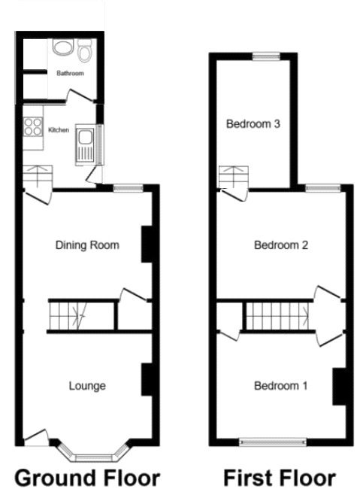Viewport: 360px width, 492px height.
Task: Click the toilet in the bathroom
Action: coord(84,50)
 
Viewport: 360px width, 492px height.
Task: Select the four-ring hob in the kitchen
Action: coord(33,127)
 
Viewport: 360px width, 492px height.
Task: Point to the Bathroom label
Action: coord(70,74)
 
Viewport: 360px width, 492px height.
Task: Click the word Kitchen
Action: coord(59,130)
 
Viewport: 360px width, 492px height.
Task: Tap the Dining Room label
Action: coord(88,244)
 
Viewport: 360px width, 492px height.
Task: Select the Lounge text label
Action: coord(87,386)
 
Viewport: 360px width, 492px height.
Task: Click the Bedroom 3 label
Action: coord(254,124)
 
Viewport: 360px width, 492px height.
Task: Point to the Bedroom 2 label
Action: coord(281,245)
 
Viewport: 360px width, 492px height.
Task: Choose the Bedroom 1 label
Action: coord(280,386)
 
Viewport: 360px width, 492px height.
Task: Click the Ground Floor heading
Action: coord(87,478)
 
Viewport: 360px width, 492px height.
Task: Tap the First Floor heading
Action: coord(280,478)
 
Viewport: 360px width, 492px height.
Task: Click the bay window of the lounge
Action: coord(92,454)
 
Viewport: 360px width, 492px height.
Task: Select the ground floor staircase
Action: coord(68,314)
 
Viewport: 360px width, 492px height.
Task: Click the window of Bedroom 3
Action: coord(265,55)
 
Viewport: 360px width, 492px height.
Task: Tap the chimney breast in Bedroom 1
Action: coord(339,386)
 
